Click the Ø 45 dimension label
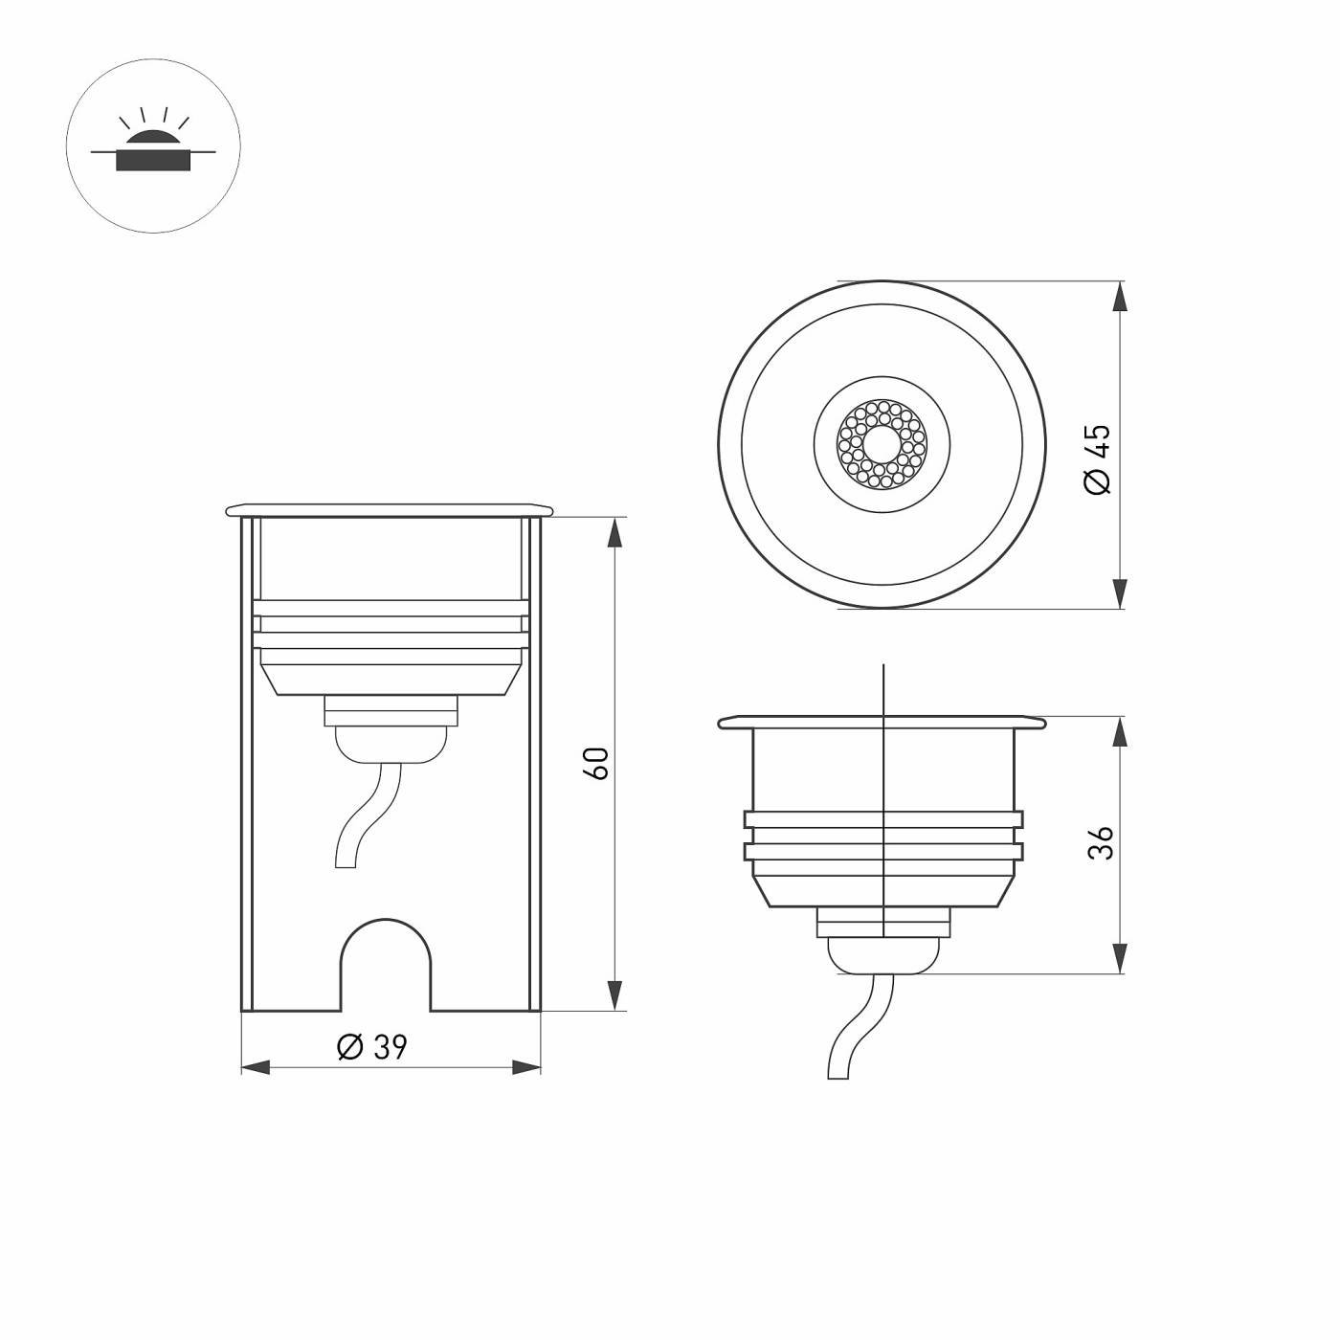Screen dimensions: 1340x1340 tap(1097, 458)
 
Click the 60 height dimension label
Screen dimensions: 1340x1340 tap(597, 763)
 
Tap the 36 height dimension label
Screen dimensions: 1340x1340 tap(1101, 843)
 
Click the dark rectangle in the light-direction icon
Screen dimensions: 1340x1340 tap(153, 161)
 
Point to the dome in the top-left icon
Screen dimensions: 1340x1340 tap(153, 140)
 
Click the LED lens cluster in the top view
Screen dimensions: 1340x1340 tap(882, 443)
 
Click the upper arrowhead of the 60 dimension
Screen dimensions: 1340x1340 tap(614, 534)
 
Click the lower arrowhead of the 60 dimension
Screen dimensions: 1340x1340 tap(614, 994)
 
